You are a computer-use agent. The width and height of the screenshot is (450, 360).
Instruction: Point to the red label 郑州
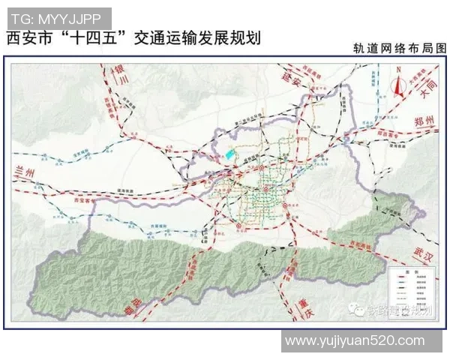tap(424, 122)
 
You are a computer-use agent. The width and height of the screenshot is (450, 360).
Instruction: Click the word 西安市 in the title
tap(34, 38)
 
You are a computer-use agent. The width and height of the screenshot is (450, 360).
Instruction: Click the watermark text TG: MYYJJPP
tap(59, 16)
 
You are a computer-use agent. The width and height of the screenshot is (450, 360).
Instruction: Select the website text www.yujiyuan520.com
tap(354, 341)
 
